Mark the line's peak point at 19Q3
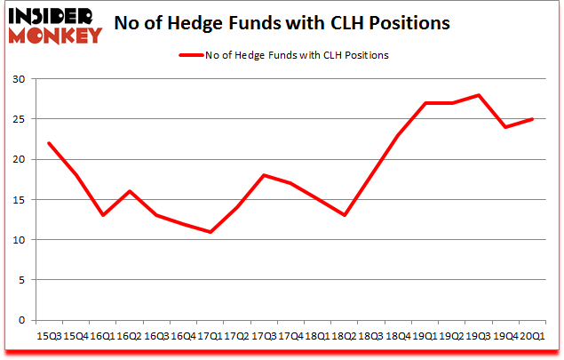pos(479,95)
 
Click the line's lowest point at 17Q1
pos(211,232)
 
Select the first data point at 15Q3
pos(50,143)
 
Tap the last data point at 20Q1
pos(532,119)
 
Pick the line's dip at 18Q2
pos(345,215)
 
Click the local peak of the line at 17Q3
pos(264,175)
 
